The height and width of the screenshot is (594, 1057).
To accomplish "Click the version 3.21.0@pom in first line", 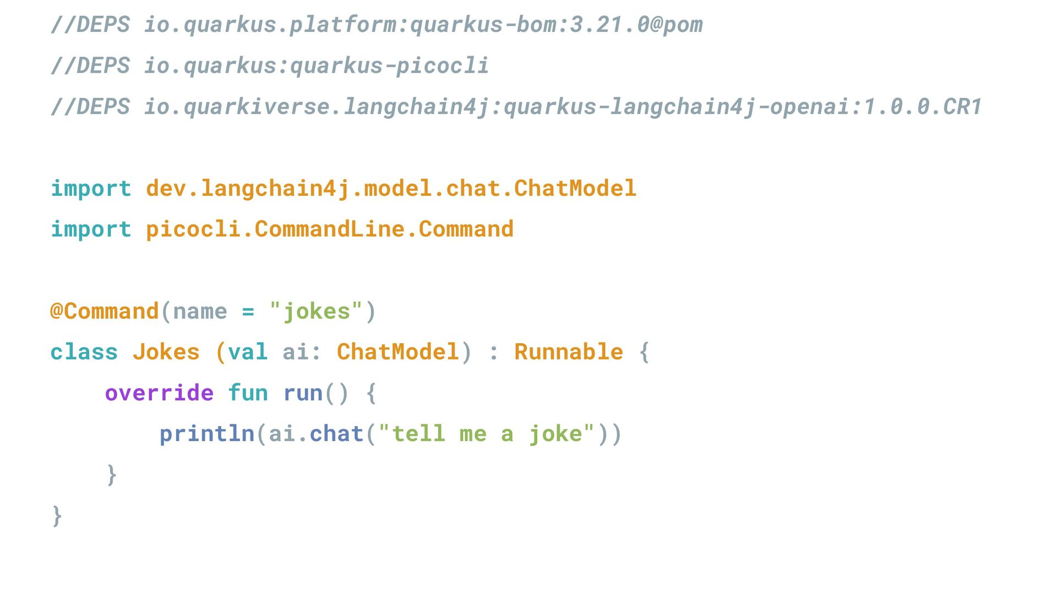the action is (x=636, y=25).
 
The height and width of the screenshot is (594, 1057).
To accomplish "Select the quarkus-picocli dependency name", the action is (x=389, y=66).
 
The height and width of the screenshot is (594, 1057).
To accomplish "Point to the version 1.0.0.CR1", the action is (x=923, y=107).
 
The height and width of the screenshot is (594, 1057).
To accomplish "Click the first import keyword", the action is (x=91, y=189).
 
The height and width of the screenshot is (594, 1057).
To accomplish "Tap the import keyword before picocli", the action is (x=91, y=229).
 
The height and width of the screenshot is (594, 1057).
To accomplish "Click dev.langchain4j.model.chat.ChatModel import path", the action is (x=391, y=189).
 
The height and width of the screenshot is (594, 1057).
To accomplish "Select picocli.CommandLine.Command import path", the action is (x=329, y=229).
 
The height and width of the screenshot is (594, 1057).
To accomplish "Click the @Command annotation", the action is (x=105, y=311).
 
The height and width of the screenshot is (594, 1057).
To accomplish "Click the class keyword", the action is (x=84, y=352).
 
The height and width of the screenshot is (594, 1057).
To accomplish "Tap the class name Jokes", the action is (x=166, y=352).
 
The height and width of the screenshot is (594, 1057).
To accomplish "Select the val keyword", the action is (x=247, y=352).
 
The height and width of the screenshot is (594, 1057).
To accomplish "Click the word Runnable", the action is (x=568, y=352).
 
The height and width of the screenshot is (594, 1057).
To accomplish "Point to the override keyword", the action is (x=159, y=393).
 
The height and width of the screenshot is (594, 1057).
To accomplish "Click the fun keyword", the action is (x=248, y=393).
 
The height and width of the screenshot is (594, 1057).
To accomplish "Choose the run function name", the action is (x=302, y=393).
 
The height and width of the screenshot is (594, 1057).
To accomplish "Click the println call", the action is (x=206, y=434).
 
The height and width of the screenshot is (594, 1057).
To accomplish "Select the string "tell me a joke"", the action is (x=487, y=434).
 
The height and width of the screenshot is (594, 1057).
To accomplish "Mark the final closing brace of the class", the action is (x=57, y=516).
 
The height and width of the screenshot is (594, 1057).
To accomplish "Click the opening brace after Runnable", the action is (x=644, y=352).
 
